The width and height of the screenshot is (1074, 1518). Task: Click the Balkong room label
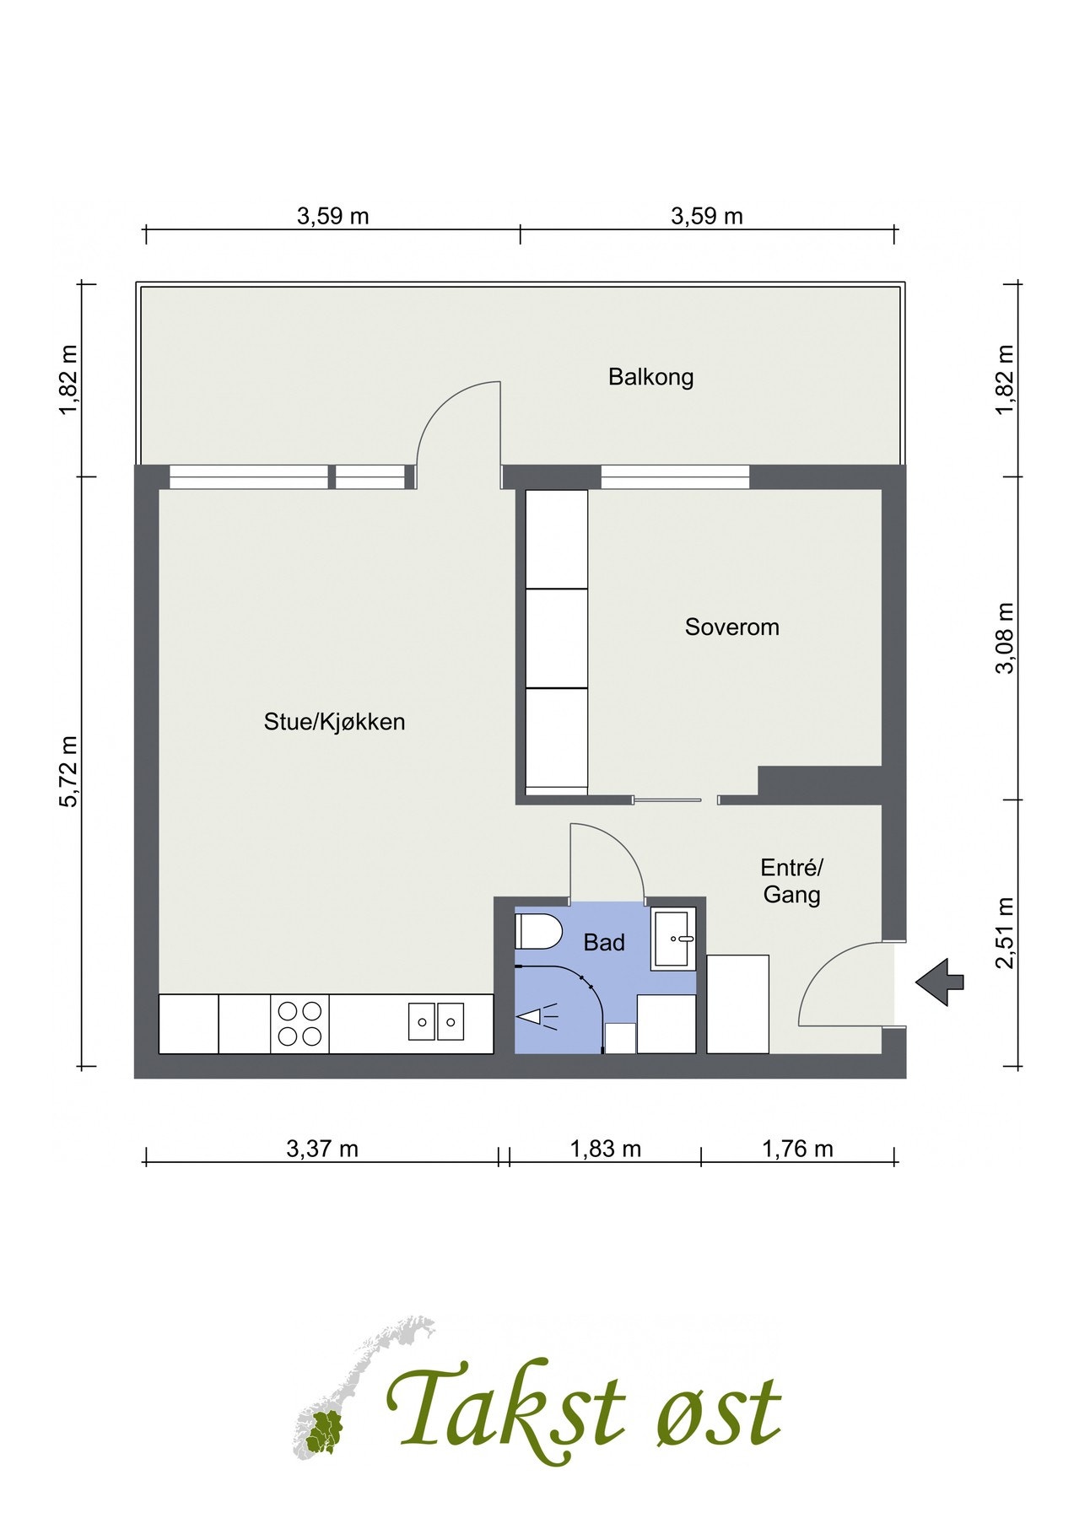pos(650,376)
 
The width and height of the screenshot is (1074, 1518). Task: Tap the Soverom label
pos(731,627)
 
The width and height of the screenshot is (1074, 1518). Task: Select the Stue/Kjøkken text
pos(334,722)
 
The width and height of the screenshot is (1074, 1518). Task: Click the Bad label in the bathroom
pos(604,943)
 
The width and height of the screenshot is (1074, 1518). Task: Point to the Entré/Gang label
pos(791,880)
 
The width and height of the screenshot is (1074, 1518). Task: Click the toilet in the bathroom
pos(538,932)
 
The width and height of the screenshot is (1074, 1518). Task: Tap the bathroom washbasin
pos(674,938)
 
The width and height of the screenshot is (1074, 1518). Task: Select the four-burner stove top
pos(300,1023)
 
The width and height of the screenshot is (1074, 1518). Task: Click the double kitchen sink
pos(436,1022)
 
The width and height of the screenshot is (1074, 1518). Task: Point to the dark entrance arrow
pos(939,982)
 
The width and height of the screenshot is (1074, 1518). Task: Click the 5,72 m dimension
pos(68,771)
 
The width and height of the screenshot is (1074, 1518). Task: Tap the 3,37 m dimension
pos(322,1149)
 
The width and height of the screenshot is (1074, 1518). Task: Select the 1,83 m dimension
pos(605,1149)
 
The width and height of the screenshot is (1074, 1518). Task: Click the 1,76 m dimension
pos(797,1149)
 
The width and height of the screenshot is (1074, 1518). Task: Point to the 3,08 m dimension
pos(1005,638)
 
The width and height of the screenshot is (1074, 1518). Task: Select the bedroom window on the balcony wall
pos(675,477)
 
